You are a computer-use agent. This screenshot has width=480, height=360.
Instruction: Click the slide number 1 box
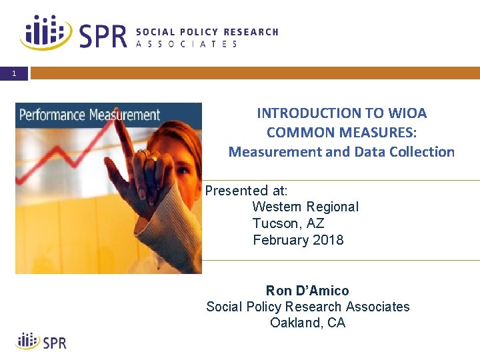[14, 73]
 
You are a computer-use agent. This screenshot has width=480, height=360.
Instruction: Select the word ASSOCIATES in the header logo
[187, 44]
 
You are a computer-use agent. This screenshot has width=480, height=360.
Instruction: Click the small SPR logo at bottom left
[41, 342]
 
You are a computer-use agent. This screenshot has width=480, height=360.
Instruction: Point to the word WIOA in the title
[407, 113]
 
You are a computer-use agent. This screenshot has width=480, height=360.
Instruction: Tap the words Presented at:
[246, 191]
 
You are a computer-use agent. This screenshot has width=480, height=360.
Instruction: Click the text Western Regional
[305, 207]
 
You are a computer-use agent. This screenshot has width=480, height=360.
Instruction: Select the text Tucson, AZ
[288, 223]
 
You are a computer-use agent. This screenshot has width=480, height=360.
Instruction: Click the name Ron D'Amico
[307, 291]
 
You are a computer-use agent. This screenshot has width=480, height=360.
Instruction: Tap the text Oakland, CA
[307, 323]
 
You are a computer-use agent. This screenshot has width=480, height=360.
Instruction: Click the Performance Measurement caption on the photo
[89, 115]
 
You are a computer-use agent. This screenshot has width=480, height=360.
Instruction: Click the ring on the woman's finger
[152, 158]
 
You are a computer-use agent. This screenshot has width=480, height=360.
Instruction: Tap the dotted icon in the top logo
[47, 32]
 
